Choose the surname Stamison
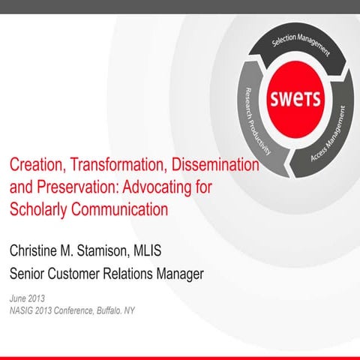point(124,250)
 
